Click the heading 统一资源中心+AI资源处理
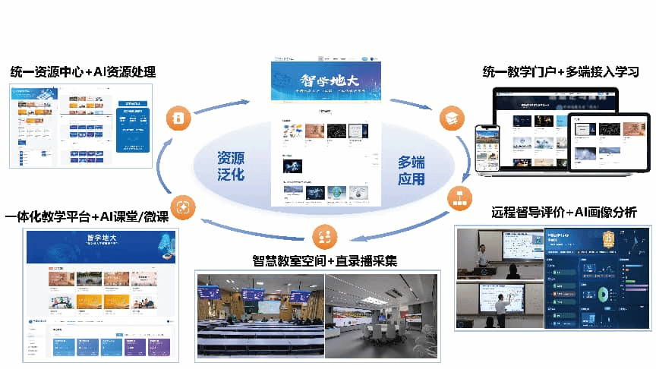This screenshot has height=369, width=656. (83, 72)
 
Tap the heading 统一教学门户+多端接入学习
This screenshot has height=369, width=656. (560, 72)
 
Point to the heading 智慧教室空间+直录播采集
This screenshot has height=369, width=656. (325, 261)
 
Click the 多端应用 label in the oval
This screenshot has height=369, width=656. (412, 171)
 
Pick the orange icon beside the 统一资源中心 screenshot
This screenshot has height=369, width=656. (175, 118)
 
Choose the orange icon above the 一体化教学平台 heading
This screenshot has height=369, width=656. (183, 206)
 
